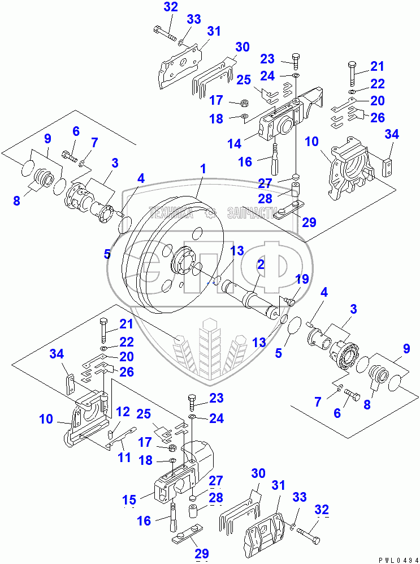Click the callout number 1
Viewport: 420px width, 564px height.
pyautogui.click(x=202, y=168)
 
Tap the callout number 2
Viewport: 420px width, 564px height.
pyautogui.click(x=261, y=264)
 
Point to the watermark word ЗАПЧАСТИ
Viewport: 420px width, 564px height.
pyautogui.click(x=250, y=213)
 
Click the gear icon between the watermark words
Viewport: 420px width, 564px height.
pyautogui.click(x=210, y=213)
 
